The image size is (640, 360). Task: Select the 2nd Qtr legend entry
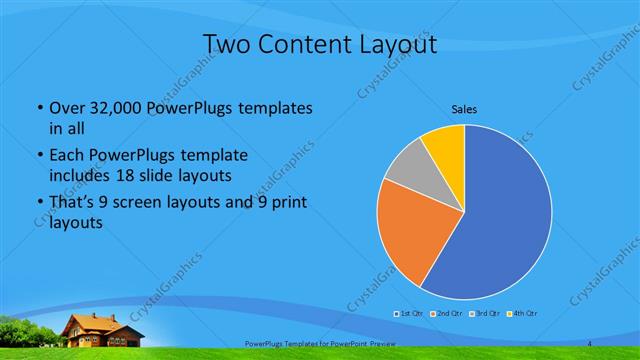click(445, 314)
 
